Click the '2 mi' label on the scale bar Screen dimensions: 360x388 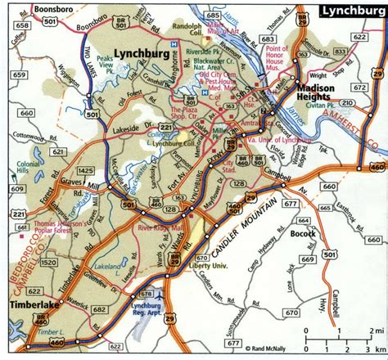[378, 331]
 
